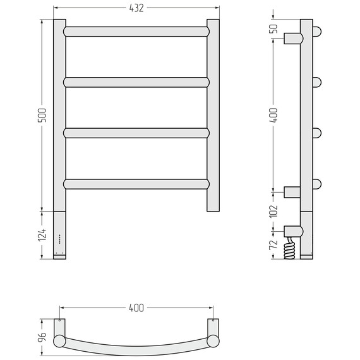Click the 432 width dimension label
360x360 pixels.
(x=136, y=8)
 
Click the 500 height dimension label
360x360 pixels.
(x=42, y=115)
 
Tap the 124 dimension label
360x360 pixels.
(x=42, y=235)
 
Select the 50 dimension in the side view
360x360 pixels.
(x=273, y=28)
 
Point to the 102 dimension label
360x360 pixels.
(x=273, y=211)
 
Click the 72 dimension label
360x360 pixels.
(x=273, y=245)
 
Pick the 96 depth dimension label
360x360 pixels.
(x=42, y=337)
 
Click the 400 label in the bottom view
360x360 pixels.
(x=136, y=308)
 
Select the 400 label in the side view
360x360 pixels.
(x=273, y=115)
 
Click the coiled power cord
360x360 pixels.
(x=289, y=248)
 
